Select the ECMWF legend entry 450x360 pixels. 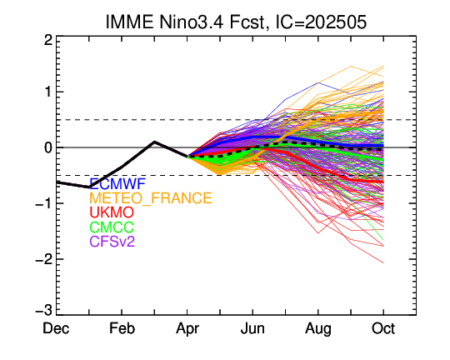(x=118, y=183)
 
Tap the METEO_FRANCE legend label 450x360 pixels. (x=151, y=198)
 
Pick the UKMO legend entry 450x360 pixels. (x=112, y=212)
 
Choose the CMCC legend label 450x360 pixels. (x=112, y=227)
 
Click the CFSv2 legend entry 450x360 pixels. (x=112, y=241)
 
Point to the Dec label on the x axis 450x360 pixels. (x=56, y=328)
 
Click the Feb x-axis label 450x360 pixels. (x=122, y=328)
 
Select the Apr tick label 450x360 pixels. (x=187, y=329)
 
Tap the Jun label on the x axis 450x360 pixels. (x=252, y=328)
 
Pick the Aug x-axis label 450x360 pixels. (x=318, y=329)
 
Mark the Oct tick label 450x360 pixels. (x=383, y=328)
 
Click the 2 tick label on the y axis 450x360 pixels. (x=48, y=41)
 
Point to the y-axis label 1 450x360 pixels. (x=48, y=92)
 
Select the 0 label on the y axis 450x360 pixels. (x=48, y=147)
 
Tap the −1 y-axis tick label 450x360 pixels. (x=43, y=203)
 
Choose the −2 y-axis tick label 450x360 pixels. (x=43, y=259)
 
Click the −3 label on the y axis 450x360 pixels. (x=43, y=311)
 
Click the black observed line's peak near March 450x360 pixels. (x=154, y=142)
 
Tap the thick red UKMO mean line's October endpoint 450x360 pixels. (x=383, y=182)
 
